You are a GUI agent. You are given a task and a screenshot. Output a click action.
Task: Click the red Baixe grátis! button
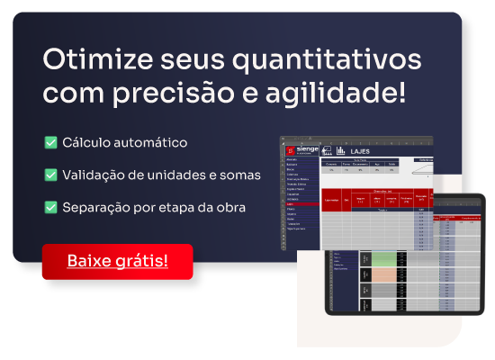tap(117, 261)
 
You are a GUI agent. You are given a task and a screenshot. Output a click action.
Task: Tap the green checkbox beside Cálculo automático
tap(50, 142)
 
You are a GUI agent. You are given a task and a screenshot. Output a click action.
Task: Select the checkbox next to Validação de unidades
tap(50, 175)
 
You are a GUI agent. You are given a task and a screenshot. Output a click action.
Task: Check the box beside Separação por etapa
tap(50, 207)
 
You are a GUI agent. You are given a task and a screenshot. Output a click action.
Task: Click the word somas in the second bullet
tap(240, 175)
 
